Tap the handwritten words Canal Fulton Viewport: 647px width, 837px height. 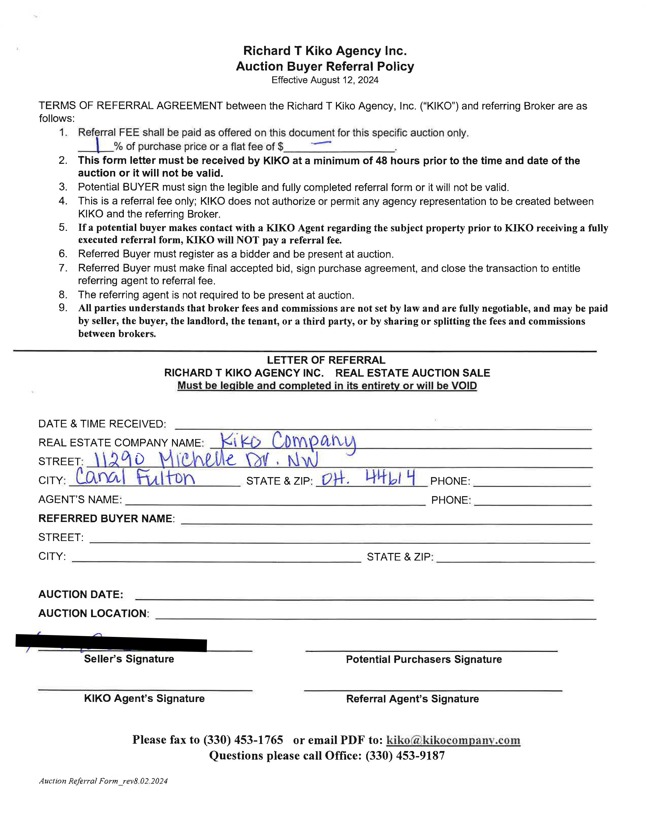point(135,478)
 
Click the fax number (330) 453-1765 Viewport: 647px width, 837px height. point(243,740)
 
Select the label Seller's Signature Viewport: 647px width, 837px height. point(129,659)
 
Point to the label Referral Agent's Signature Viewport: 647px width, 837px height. point(412,699)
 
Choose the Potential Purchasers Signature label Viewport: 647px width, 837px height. point(423,659)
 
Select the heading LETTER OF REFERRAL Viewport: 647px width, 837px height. point(326,360)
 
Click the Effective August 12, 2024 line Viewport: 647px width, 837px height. point(325,80)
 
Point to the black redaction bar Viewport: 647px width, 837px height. point(111,643)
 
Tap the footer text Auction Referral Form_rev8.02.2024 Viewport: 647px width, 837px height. point(104,781)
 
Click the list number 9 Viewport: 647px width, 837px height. point(63,308)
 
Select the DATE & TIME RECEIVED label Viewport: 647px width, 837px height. point(102,424)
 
